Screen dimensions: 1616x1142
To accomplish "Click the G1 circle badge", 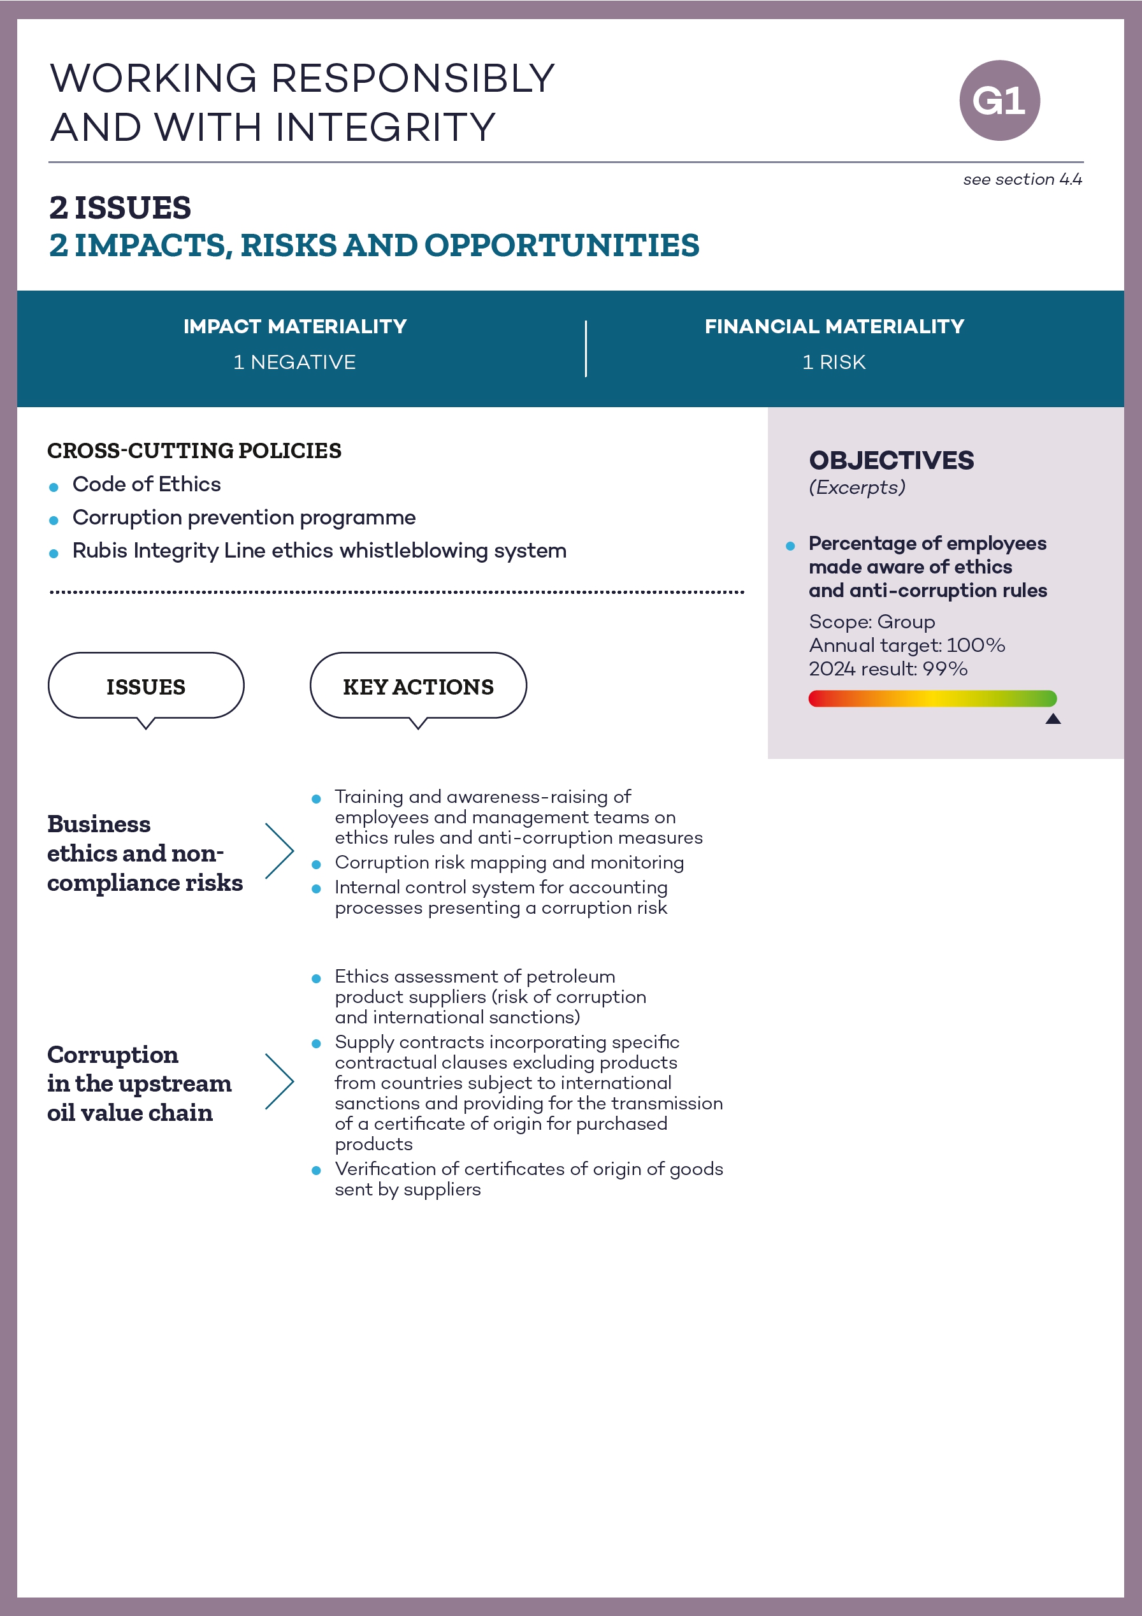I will pyautogui.click(x=999, y=101).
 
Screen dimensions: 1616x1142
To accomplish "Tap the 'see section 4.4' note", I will pyautogui.click(x=1022, y=180).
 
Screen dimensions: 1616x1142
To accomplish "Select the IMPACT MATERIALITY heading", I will pyautogui.click(x=295, y=327).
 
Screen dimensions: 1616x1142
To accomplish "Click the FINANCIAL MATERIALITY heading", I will pyautogui.click(x=834, y=327).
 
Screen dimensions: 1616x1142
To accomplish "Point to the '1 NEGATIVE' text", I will pyautogui.click(x=294, y=363).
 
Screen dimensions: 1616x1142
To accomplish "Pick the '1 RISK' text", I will pyautogui.click(x=834, y=363).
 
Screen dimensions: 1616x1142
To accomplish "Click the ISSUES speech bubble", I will pyautogui.click(x=146, y=686).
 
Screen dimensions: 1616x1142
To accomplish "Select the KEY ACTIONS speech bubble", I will pyautogui.click(x=418, y=686).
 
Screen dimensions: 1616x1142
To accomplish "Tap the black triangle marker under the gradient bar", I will pyautogui.click(x=1053, y=719).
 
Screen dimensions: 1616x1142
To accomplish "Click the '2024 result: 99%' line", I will pyautogui.click(x=888, y=668).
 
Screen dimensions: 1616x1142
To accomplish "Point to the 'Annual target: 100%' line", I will pyautogui.click(x=906, y=646).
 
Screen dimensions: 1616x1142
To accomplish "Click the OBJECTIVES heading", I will pyautogui.click(x=892, y=460).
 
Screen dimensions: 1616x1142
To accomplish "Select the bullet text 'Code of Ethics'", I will pyautogui.click(x=147, y=484).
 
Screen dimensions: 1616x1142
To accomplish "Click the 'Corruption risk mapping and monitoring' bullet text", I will pyautogui.click(x=509, y=862).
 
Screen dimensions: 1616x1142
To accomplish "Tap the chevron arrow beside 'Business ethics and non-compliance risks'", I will pyautogui.click(x=280, y=851).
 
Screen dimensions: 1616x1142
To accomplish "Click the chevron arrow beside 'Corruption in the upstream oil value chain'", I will pyautogui.click(x=280, y=1081).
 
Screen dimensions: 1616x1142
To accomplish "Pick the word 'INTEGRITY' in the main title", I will pyautogui.click(x=385, y=127).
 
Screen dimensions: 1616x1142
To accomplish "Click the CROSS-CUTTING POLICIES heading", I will pyautogui.click(x=194, y=451).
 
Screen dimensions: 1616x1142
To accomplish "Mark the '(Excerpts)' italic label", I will pyautogui.click(x=857, y=487).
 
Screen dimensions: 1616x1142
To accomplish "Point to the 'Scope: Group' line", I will pyautogui.click(x=872, y=622).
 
